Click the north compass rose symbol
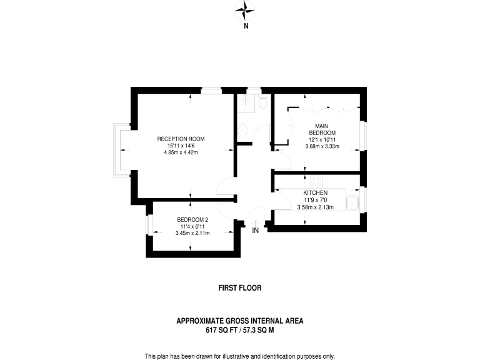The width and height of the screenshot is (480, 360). [x=246, y=9]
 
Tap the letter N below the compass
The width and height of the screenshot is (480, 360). [x=246, y=26]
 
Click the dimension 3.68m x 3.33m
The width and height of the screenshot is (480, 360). [x=322, y=147]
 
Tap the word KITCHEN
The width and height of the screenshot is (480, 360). [x=316, y=192]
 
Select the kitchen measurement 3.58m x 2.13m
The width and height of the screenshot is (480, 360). [x=316, y=207]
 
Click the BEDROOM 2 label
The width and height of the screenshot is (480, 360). [x=192, y=219]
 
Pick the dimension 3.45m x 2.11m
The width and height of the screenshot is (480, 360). [x=192, y=233]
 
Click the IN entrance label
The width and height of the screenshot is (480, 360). [x=255, y=231]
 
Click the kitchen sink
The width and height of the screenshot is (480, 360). [x=353, y=201]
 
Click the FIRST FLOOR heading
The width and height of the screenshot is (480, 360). [x=239, y=288]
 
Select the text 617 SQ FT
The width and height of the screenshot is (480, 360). [x=222, y=329]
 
